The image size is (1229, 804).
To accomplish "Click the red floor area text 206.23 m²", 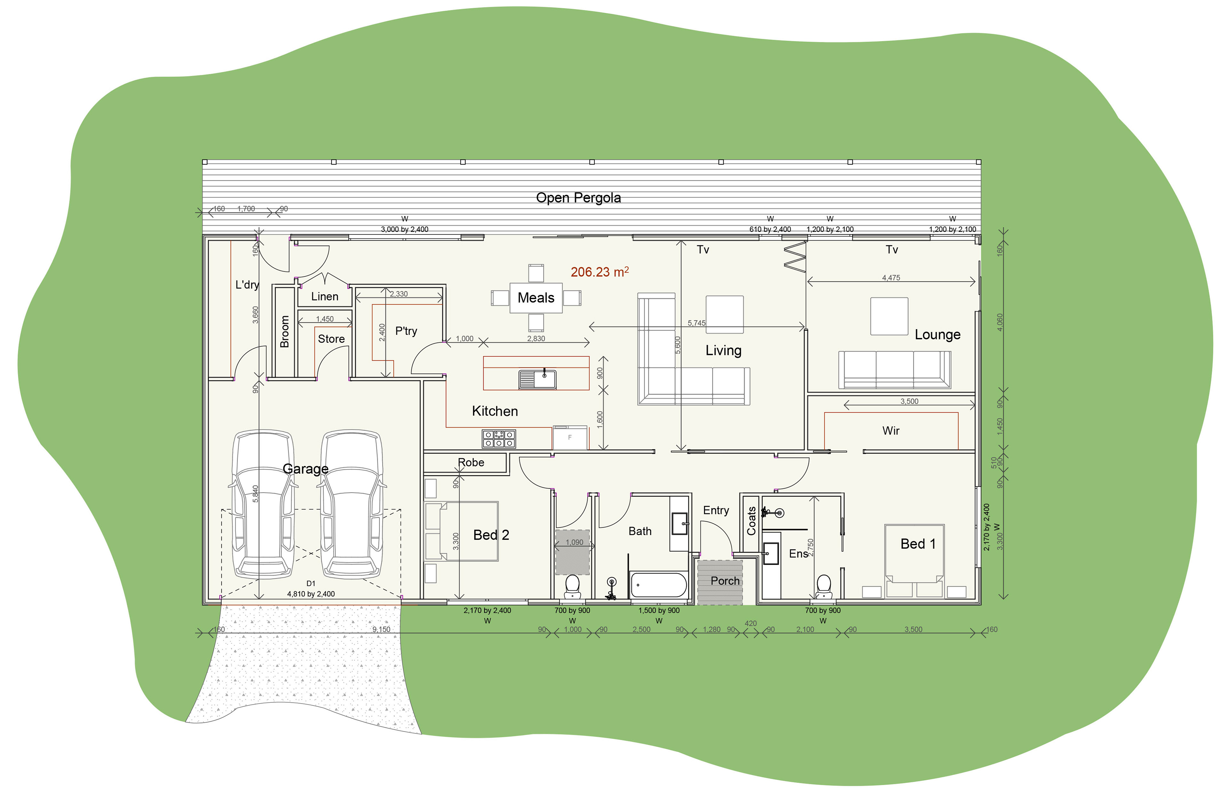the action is point(599,272).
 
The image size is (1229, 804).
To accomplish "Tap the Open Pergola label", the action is point(578,198).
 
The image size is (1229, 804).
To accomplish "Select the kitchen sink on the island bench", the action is point(538,379).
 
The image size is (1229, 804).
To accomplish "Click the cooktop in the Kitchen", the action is point(499,439).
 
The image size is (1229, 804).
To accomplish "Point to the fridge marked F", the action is point(570,437).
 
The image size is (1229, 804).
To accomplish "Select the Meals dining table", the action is point(536,298).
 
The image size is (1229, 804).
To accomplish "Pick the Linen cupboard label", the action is point(325,296).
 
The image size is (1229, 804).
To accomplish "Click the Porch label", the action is point(725,580).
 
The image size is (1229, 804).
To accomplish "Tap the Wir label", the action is point(891,430).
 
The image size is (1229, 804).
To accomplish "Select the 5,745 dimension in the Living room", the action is point(697,323).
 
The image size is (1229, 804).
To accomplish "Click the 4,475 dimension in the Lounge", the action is point(891,278).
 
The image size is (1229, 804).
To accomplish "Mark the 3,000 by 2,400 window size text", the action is point(405,229).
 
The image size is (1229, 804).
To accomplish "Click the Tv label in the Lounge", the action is point(892,250).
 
